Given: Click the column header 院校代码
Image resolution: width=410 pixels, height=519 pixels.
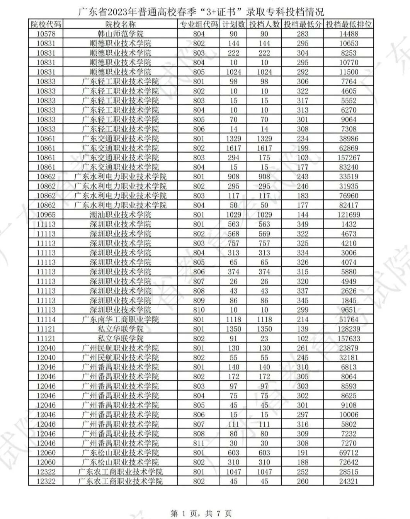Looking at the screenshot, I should (x=46, y=24).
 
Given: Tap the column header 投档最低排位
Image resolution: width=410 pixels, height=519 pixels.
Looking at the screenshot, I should (x=349, y=24).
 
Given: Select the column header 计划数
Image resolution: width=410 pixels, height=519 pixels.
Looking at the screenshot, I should (x=233, y=24).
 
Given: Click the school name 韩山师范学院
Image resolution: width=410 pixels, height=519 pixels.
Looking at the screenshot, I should (x=120, y=34).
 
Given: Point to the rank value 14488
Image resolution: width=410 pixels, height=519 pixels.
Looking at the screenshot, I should (x=349, y=34).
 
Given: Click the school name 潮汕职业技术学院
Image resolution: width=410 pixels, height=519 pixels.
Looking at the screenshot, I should (x=120, y=215).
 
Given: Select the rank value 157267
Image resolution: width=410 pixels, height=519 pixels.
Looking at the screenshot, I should (x=349, y=158).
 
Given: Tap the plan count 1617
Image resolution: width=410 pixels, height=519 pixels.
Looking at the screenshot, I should (x=233, y=148).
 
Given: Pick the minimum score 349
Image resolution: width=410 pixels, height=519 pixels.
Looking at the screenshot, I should (x=302, y=224).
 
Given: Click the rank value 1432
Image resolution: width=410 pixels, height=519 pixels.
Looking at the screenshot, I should (x=349, y=224).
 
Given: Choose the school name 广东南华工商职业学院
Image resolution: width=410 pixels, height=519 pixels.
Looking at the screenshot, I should (x=120, y=320).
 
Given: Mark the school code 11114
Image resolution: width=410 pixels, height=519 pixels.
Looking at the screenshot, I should (x=46, y=320).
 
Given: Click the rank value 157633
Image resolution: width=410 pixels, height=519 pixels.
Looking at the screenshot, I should (x=349, y=339).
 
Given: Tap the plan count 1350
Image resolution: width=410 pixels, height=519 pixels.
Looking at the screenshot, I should (x=233, y=329).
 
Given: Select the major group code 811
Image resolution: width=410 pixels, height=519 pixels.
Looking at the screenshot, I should (x=198, y=443).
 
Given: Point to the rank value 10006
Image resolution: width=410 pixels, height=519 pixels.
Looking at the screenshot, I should (x=349, y=415).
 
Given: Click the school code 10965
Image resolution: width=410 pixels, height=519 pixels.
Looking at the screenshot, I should (x=46, y=215).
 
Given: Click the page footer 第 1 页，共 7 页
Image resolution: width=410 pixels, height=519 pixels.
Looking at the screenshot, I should (x=201, y=514).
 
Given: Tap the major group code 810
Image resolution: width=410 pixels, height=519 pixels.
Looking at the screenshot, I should (x=198, y=310).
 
